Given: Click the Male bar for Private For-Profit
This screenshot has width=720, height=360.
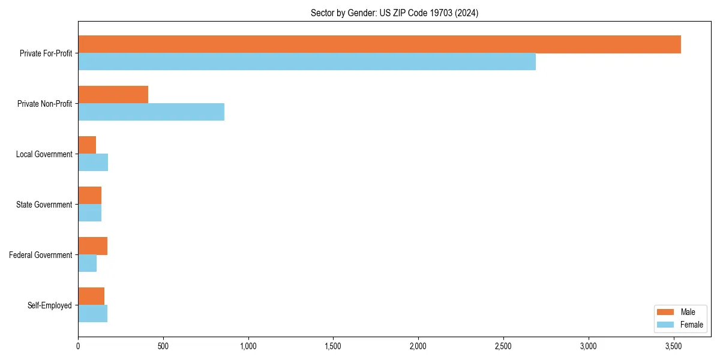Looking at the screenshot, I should pos(379,44).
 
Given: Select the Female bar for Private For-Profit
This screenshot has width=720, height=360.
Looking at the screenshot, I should pos(307,62).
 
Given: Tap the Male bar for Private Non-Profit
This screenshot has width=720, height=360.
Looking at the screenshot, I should pos(113,95).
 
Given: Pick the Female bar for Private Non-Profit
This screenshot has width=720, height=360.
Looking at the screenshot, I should pos(151,112).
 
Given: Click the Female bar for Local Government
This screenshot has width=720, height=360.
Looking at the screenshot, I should pos(93,163).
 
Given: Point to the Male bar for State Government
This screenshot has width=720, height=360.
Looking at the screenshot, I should pos(89,196).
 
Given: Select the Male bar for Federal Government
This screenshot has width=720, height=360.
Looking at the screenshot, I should pos(92,246).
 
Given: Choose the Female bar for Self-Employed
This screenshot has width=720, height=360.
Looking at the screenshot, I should pos(92,314).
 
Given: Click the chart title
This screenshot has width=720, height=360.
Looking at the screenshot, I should pos(394,13).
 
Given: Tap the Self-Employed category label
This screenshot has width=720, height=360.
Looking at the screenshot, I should pos(50,305).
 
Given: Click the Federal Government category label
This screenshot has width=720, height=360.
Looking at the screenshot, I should pos(41,255).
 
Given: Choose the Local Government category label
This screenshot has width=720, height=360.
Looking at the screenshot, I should pos(44,154).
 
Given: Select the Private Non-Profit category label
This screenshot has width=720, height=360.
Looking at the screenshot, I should pos(45,104).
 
